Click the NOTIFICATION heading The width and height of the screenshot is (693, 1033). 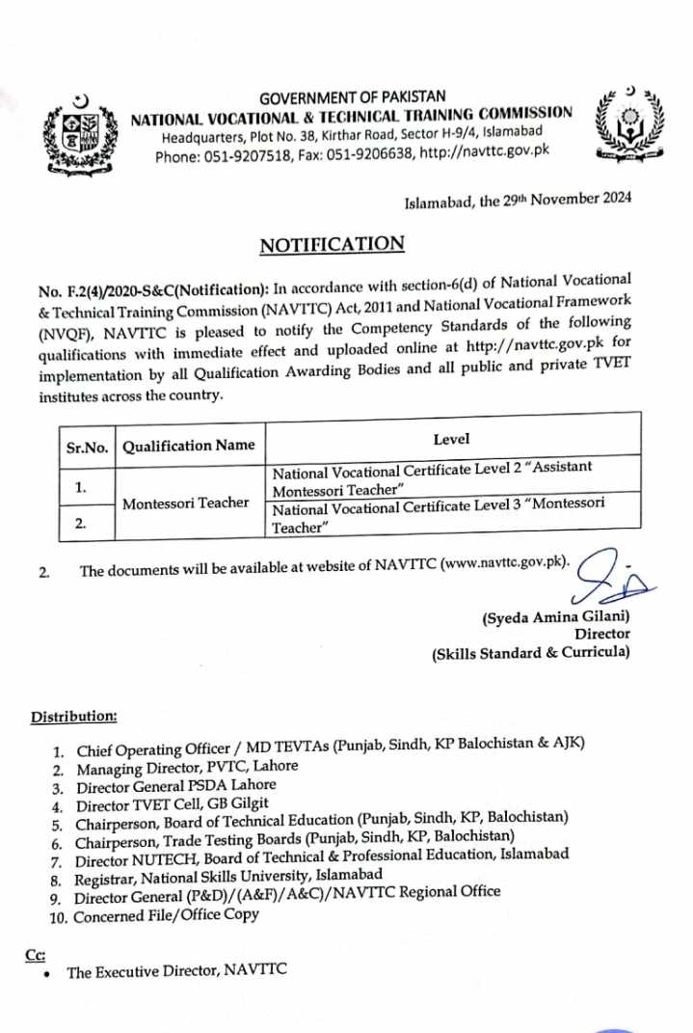[x=332, y=244]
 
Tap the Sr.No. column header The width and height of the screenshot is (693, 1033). [x=88, y=446]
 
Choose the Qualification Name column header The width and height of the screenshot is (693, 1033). [x=189, y=445]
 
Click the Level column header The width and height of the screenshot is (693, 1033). [x=451, y=440]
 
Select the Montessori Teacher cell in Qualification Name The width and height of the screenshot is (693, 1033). [x=186, y=503]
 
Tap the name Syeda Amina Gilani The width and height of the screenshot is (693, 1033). [x=555, y=615]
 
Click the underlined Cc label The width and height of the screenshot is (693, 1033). [x=36, y=954]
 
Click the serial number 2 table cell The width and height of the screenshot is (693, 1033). [x=82, y=524]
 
